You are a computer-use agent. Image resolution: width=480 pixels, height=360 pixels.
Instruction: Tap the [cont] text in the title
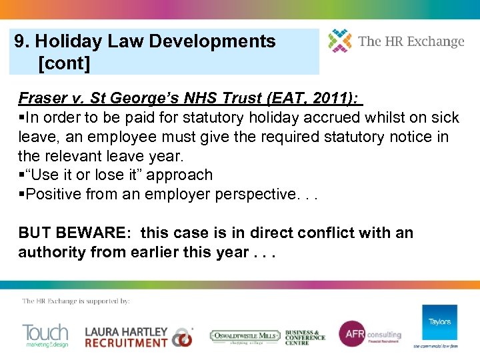tap(64, 63)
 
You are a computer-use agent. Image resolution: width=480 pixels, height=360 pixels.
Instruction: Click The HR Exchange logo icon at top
tap(340, 41)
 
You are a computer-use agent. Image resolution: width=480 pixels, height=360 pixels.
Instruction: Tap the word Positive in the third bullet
tap(49, 195)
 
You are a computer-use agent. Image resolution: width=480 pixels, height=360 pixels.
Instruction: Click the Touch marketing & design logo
tap(45, 335)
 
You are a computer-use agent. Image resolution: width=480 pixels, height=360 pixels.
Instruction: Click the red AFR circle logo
tap(351, 334)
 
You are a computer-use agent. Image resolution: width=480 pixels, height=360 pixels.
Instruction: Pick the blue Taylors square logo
tap(439, 323)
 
